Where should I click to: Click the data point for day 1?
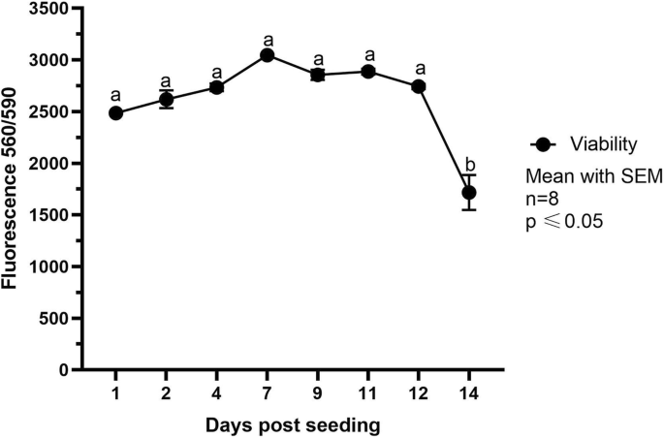[116, 113]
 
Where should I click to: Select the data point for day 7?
[268, 55]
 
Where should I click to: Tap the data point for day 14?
[469, 193]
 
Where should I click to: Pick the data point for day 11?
[368, 72]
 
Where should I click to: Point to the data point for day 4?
[217, 87]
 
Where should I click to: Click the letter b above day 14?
[469, 163]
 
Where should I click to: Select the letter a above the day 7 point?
[268, 40]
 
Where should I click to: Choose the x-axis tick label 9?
[318, 394]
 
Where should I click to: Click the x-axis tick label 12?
[419, 394]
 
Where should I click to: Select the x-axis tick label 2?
[167, 394]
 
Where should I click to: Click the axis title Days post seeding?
[292, 424]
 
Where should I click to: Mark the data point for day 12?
[419, 86]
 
